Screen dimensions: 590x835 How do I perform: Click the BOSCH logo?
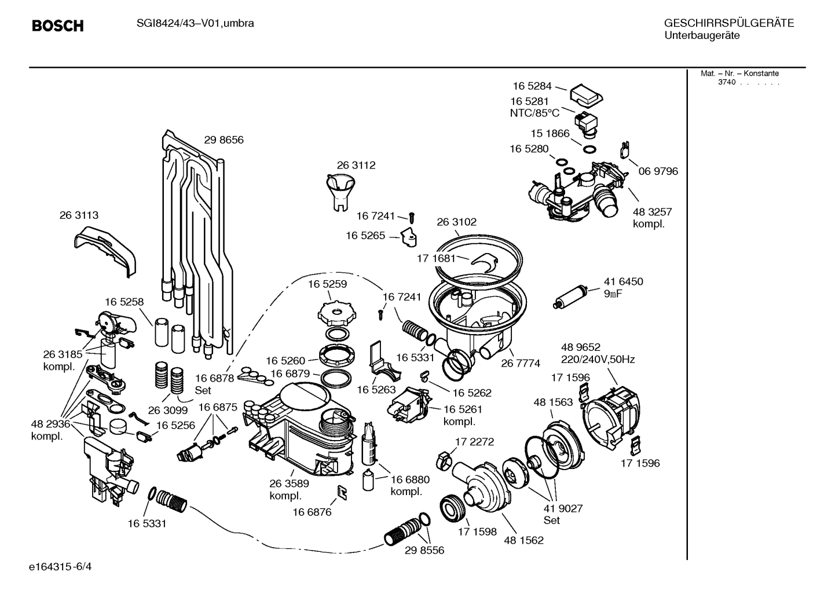[x=57, y=25]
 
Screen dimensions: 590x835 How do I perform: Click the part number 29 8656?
[x=224, y=140]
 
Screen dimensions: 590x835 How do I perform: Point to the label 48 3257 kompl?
[x=652, y=218]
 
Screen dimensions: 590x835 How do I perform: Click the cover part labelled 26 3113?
[x=106, y=250]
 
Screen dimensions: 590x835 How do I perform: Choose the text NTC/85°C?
[x=534, y=113]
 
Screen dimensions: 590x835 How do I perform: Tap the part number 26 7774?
[x=521, y=363]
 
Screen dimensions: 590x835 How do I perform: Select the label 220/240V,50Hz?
[x=598, y=359]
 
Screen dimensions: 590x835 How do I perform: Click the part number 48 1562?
[x=523, y=540]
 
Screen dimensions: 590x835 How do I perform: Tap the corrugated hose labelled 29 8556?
[x=406, y=530]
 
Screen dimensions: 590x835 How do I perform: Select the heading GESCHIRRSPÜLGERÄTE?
[x=728, y=23]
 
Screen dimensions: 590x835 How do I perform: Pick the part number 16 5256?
[x=175, y=425]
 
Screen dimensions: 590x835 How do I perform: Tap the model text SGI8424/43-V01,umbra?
[x=188, y=23]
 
